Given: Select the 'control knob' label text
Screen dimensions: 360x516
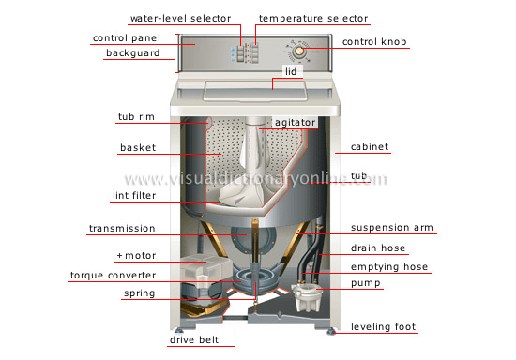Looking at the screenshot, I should point(375,42).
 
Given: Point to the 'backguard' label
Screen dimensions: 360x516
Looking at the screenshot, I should point(131,53).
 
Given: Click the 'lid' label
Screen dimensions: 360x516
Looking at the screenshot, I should point(291,71).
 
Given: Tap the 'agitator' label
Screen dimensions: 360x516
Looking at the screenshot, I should point(296,122).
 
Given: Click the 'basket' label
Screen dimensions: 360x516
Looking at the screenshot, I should point(136,147).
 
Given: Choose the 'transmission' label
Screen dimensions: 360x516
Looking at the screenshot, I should point(121,228).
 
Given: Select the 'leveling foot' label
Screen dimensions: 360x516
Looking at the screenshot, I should point(384,326).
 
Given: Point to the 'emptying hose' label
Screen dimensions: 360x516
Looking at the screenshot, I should point(388,266).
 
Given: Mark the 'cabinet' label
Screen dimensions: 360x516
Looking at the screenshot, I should point(370,147).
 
